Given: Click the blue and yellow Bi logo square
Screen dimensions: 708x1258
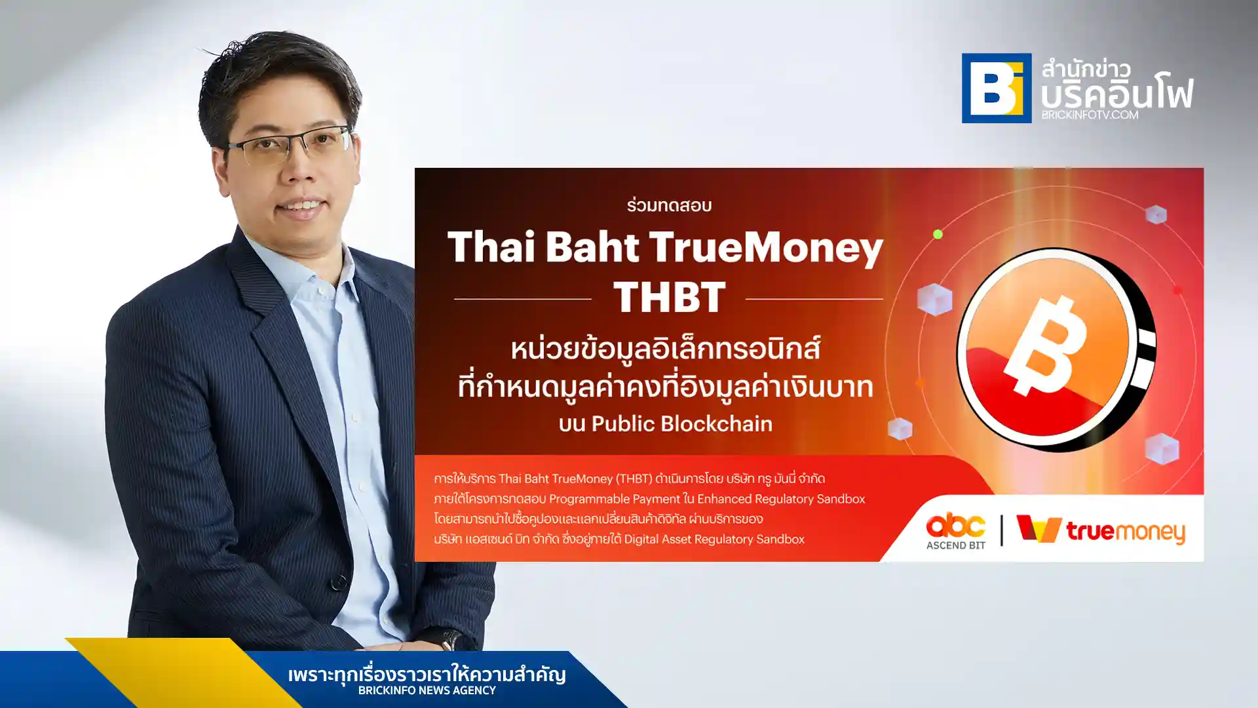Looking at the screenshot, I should [996, 88].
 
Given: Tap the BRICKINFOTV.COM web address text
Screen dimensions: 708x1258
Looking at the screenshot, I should [1090, 115].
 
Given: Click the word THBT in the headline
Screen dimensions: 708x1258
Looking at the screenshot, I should [669, 297].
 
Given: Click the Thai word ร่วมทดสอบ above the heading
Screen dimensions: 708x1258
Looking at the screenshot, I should [668, 205].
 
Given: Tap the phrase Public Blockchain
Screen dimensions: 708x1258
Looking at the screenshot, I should [681, 424].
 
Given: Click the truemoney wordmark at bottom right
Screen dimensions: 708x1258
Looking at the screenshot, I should [1125, 531].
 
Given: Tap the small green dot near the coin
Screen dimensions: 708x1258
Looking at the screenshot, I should [938, 234].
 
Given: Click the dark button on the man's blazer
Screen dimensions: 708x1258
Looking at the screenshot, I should [339, 582].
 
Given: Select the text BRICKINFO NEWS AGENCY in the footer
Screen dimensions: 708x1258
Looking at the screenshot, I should [427, 690].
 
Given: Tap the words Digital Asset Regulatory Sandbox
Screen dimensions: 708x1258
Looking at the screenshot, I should [714, 540].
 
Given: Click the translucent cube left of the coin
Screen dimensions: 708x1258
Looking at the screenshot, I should [934, 300].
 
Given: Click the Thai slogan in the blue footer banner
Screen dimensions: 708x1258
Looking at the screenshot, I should [427, 674].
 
